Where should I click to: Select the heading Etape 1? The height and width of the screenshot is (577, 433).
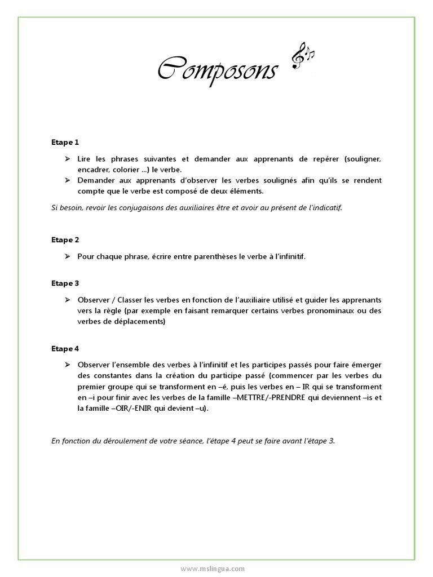[x=65, y=143]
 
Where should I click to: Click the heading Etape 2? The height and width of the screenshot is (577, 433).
[x=65, y=239]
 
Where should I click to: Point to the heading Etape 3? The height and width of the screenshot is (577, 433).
[x=65, y=283]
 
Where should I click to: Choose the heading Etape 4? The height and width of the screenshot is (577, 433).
[x=65, y=349]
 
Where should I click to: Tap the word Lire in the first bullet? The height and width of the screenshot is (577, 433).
[x=84, y=159]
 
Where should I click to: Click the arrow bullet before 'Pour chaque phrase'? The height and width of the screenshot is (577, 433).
[x=67, y=256]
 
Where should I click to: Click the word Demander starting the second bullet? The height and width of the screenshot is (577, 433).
[x=96, y=180]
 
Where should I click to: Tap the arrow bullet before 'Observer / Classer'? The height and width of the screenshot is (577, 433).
[x=67, y=300]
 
